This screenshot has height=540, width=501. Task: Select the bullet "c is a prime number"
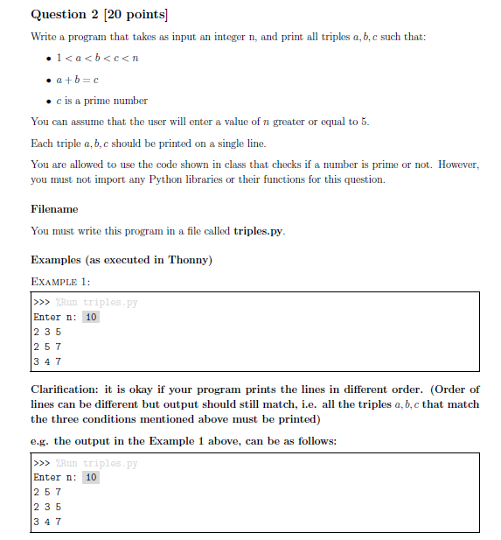coord(101,101)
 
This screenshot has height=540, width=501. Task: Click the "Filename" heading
coord(54,209)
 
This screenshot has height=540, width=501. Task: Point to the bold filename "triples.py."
coord(259,231)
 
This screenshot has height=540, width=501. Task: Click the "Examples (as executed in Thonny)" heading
coord(122,260)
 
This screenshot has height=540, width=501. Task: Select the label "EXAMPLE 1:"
coord(60,281)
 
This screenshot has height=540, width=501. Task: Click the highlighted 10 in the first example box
coord(91,317)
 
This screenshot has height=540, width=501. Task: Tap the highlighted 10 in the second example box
coord(91,477)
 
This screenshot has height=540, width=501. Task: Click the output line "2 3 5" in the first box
coord(47,332)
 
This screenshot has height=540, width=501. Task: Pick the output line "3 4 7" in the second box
coord(47,522)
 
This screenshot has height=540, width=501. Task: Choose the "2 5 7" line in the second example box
coord(47,492)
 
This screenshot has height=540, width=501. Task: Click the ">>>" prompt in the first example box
coord(41,303)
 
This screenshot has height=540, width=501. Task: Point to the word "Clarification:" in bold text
coord(64,389)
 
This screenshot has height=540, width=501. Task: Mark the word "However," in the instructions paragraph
coord(457,165)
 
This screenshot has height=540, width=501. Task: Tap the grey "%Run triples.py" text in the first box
coord(96,303)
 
